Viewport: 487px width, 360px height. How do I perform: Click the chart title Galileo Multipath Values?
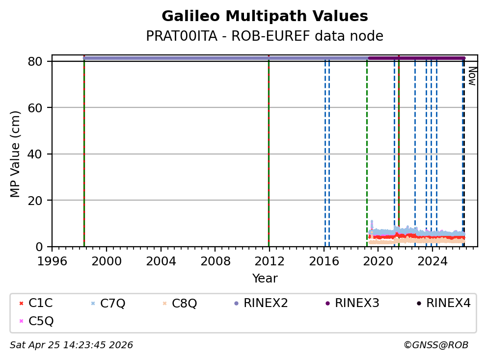pos(265,17)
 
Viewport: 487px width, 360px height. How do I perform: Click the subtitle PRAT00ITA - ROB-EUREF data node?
pos(265,36)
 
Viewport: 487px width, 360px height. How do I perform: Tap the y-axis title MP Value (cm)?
pos(16,154)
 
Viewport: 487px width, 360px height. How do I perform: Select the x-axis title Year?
pos(265,279)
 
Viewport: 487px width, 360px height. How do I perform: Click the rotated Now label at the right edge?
pos(472,76)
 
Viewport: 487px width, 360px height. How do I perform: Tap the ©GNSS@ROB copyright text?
pos(436,345)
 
